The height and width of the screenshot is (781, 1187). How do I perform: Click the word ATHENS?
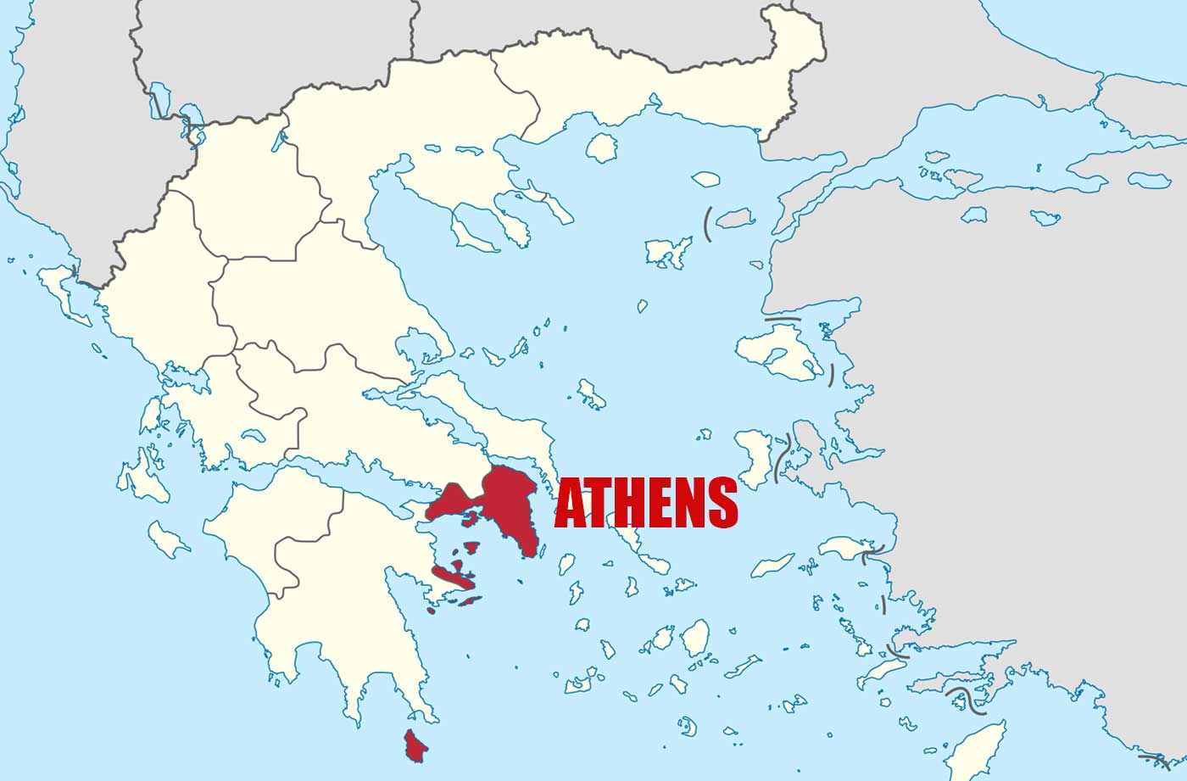[x=646, y=503]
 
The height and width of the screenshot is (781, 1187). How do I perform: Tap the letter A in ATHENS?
[x=570, y=503]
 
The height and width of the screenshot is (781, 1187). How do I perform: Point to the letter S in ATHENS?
[x=722, y=503]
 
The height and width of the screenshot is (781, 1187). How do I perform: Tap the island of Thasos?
[x=600, y=148]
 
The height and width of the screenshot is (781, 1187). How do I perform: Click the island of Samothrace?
[x=705, y=179]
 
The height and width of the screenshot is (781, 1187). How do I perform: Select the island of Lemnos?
[x=669, y=252]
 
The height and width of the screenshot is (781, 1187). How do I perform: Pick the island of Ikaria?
[x=772, y=565]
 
